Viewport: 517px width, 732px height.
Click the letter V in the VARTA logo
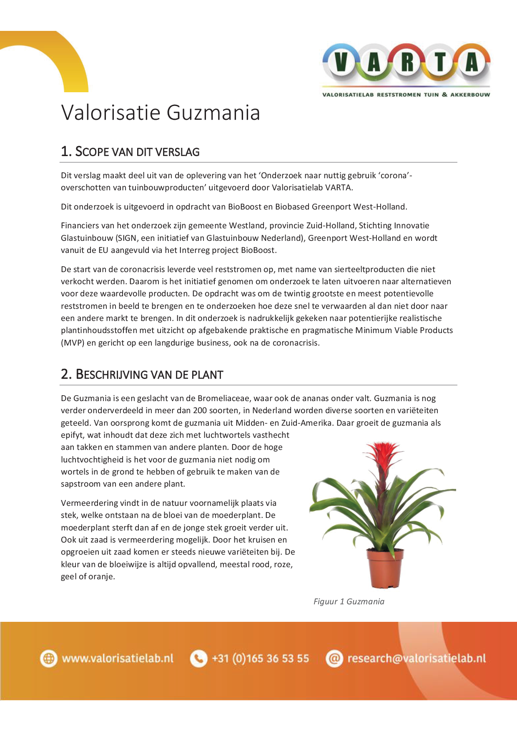point(341,63)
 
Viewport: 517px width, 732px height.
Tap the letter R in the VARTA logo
point(407,63)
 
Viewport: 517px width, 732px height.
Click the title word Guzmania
point(213,113)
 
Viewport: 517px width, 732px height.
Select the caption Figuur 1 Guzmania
point(349,601)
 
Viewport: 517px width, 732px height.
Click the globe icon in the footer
point(49,659)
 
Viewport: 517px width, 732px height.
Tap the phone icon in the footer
point(198,659)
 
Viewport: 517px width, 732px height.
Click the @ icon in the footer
point(334,659)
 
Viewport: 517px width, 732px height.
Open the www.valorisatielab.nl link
point(118,659)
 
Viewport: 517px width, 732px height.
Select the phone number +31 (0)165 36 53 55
point(261,659)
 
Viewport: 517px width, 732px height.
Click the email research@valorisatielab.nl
point(417,659)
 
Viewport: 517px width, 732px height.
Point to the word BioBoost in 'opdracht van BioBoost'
point(245,207)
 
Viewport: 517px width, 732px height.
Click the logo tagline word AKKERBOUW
point(470,95)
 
